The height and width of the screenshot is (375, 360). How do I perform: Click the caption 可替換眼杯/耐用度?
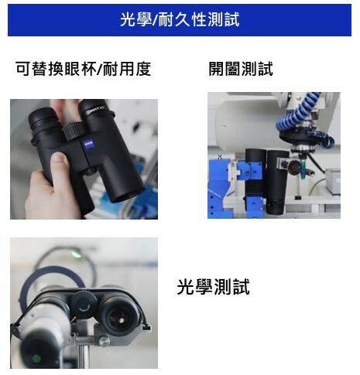click(83, 69)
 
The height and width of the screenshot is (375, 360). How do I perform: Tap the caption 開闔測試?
click(241, 69)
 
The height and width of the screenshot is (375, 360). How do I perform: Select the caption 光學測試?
click(214, 288)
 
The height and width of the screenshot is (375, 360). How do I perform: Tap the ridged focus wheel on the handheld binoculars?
click(74, 130)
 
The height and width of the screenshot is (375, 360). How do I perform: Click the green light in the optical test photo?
click(76, 252)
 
